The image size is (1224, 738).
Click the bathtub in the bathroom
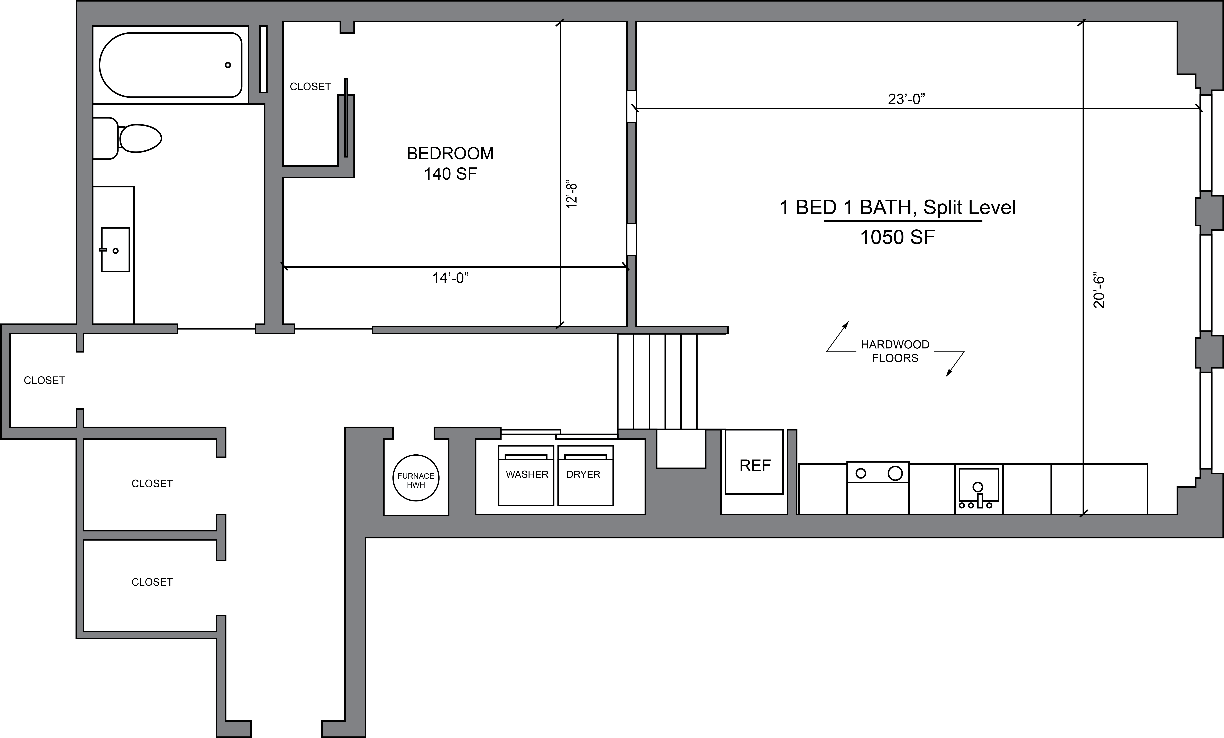[x=170, y=65]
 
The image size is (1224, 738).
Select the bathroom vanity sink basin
[x=115, y=249]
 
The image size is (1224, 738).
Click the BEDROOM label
[x=450, y=154]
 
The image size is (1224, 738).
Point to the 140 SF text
[x=450, y=174]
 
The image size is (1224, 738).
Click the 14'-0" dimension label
[x=450, y=278]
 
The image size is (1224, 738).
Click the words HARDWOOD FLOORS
[x=895, y=351]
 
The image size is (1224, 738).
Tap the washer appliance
[x=526, y=475]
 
